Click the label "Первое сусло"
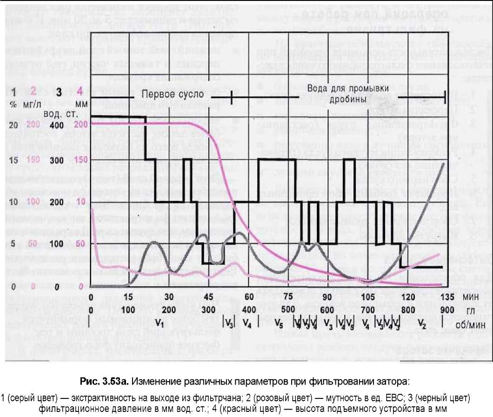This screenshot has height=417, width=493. (x=173, y=94)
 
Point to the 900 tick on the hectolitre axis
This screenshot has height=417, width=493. (x=446, y=309)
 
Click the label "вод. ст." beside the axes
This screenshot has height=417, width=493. (x=57, y=113)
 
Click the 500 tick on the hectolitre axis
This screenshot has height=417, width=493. (x=288, y=309)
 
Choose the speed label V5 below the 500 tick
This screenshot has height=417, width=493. (x=279, y=321)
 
